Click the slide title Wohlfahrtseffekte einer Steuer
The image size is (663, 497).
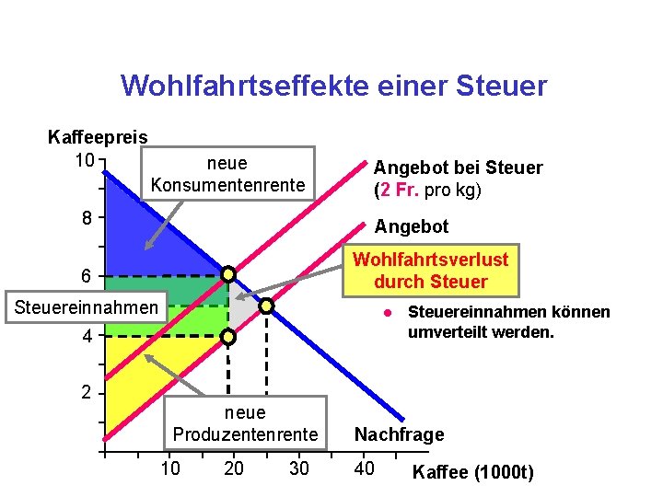[333, 87]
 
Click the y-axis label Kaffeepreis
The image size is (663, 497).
[98, 137]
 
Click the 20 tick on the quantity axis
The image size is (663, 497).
[234, 468]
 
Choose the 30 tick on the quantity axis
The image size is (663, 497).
[299, 468]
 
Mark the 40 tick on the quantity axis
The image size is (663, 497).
[365, 468]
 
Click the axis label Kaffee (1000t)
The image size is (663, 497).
[473, 473]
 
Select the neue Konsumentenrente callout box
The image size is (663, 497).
[227, 174]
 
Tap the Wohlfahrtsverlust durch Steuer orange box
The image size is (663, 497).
[430, 270]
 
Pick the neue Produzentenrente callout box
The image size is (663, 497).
[245, 423]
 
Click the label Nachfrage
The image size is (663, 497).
[400, 434]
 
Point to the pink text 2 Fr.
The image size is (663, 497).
[398, 191]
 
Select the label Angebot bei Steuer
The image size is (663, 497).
[458, 168]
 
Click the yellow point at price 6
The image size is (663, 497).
[228, 274]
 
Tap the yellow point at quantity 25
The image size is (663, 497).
[266, 306]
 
